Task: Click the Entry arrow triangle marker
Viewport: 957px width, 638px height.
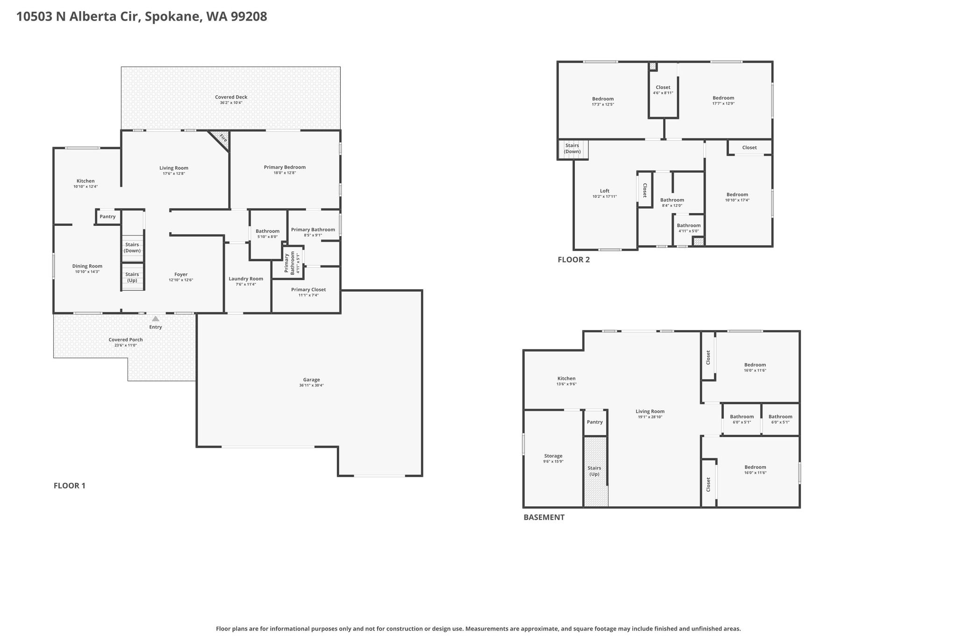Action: click(156, 319)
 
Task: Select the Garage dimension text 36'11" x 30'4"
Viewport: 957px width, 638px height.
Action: click(312, 386)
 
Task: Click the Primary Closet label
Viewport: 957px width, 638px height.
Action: click(308, 289)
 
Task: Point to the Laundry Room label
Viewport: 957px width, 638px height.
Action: click(246, 279)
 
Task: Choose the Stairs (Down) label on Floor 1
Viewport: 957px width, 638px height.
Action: click(132, 248)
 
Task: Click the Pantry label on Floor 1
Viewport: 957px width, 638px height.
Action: click(107, 216)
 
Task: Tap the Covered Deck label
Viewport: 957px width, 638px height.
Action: click(231, 97)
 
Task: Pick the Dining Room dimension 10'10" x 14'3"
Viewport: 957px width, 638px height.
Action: click(87, 272)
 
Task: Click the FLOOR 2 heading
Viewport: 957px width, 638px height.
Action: click(574, 260)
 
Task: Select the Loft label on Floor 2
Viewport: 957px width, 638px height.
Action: click(605, 191)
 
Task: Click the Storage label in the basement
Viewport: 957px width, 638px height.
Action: click(553, 456)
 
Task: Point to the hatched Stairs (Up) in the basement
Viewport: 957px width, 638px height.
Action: click(595, 472)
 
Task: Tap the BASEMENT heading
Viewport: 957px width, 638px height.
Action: click(544, 517)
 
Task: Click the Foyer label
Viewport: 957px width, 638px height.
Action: click(181, 274)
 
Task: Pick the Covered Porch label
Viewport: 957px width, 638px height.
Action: click(126, 340)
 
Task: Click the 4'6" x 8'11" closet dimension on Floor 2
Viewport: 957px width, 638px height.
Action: click(663, 93)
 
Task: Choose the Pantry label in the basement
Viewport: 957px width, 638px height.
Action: click(595, 422)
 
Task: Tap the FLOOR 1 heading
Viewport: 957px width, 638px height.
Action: click(70, 486)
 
